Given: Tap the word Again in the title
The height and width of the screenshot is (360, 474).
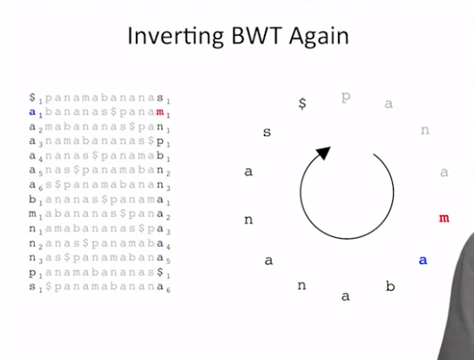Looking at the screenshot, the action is point(319,37).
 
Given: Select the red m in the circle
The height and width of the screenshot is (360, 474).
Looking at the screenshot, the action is point(444,218).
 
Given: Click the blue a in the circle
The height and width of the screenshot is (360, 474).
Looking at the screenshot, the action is point(423,260).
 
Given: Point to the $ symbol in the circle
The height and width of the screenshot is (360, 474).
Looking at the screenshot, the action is point(302,104).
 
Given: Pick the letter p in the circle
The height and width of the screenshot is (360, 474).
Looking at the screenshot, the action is point(346,97).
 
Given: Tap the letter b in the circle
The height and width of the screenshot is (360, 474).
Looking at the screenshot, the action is point(390,286).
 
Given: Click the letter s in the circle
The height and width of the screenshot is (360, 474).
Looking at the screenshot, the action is point(267,132).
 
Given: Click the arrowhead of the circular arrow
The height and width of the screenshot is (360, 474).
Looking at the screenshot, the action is point(324,153).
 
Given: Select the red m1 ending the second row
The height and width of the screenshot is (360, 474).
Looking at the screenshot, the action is point(163,112).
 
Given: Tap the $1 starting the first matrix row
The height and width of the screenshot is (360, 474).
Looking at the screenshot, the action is point(36,98).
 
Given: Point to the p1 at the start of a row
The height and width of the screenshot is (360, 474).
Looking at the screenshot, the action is point(36,273).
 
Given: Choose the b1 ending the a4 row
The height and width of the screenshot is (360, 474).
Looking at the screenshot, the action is point(163,156).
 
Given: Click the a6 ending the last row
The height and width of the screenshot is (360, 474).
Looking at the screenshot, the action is point(163,287).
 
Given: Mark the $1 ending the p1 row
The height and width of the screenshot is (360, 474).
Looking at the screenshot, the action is point(163,273).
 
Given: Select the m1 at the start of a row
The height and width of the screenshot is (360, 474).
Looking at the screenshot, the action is point(36,214).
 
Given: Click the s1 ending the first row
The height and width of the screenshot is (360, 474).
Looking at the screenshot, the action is point(163,98).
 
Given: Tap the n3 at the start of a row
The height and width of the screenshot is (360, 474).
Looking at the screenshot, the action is point(36,258).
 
